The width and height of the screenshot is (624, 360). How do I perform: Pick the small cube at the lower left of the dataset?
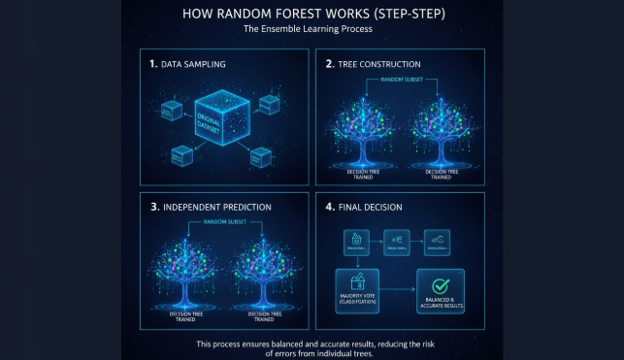pyautogui.click(x=181, y=153)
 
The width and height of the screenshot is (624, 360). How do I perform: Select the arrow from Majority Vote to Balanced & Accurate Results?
pyautogui.click(x=398, y=289)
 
